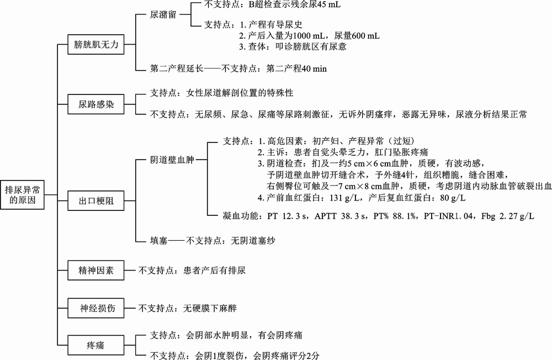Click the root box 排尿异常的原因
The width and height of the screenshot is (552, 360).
click(x=23, y=195)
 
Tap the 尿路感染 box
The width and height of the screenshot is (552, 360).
click(x=97, y=104)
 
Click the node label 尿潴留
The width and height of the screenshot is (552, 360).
click(x=163, y=15)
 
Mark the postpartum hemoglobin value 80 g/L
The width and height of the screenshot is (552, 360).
click(x=449, y=198)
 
